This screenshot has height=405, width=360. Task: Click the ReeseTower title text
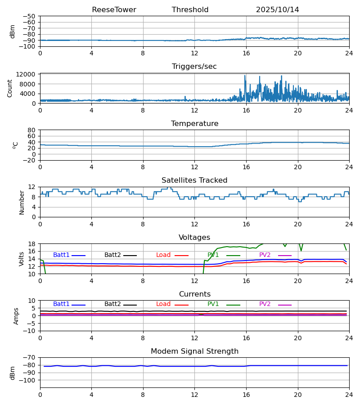click(x=114, y=10)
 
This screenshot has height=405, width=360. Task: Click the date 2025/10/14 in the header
click(x=277, y=10)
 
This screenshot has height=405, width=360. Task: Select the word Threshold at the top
click(x=190, y=10)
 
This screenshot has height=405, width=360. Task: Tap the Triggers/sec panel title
click(x=194, y=67)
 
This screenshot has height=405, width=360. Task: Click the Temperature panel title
click(x=194, y=124)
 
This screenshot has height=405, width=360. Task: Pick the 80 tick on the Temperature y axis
click(x=31, y=130)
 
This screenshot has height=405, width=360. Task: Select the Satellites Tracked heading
click(x=194, y=180)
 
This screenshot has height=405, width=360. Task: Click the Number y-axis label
click(x=22, y=202)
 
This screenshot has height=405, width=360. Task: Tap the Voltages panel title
click(x=194, y=238)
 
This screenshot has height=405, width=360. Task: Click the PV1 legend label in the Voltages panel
click(x=213, y=255)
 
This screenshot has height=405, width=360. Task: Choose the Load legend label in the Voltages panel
click(x=163, y=255)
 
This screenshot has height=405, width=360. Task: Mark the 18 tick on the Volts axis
click(x=31, y=244)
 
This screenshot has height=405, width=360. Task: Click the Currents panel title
click(x=194, y=294)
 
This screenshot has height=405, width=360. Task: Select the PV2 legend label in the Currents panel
click(x=265, y=304)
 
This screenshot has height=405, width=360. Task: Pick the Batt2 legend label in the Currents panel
click(x=112, y=304)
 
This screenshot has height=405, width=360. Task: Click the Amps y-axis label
click(x=16, y=316)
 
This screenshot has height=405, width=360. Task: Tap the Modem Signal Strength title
click(x=194, y=351)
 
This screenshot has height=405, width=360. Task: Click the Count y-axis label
click(x=10, y=88)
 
